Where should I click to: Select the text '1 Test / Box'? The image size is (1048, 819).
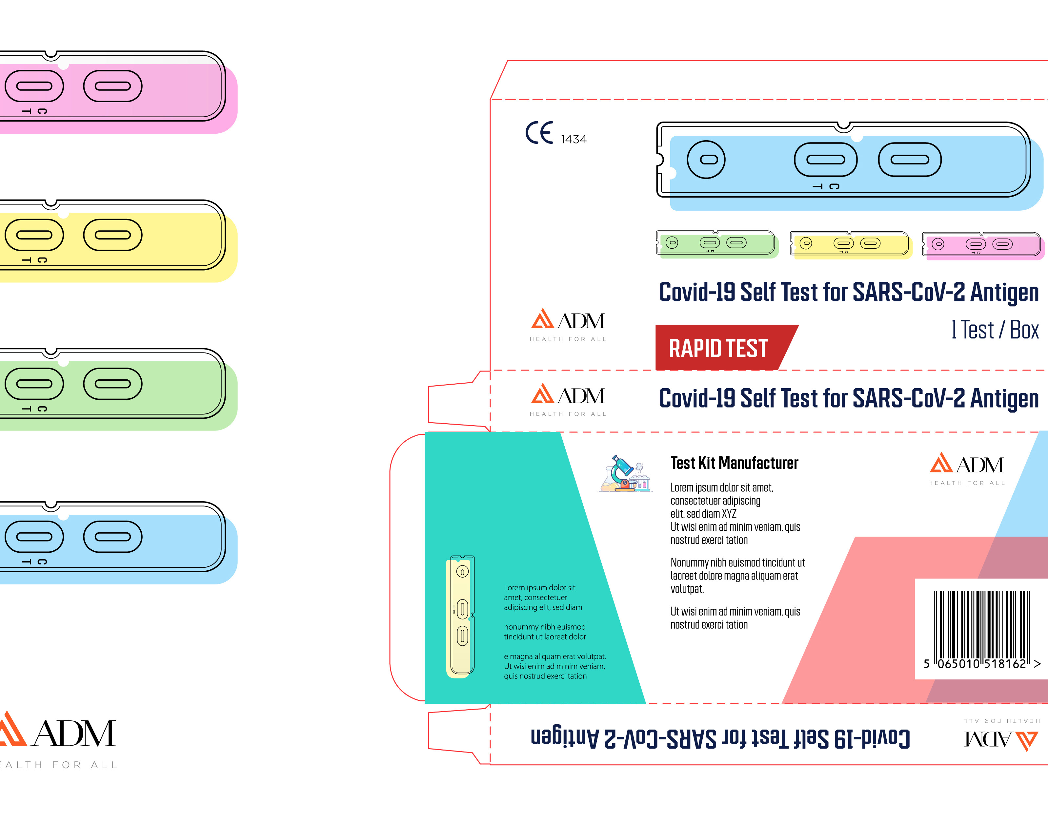coord(995,330)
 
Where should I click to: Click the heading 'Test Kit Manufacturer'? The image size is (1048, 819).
coord(734,463)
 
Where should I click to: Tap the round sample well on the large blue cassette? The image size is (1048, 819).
coord(706,160)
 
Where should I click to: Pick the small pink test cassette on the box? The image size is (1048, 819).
coord(981,245)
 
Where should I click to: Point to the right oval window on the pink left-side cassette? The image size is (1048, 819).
coord(113,86)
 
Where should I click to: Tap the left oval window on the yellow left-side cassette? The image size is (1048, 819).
coord(34,235)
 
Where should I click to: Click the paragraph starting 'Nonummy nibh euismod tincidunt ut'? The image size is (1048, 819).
coord(737,575)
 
